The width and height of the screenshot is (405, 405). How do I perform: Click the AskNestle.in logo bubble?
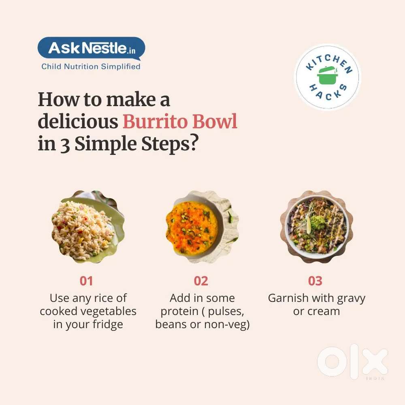point(91,48)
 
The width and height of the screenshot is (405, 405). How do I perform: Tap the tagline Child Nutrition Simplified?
point(91,67)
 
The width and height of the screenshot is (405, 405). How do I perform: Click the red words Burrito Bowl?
point(180,122)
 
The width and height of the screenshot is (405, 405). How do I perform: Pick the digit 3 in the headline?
point(65,145)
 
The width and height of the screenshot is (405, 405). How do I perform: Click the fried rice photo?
point(88,227)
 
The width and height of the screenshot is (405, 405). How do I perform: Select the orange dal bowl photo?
point(202,227)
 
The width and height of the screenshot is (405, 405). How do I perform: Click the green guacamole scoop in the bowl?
point(319,222)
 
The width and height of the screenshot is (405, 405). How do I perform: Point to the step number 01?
point(86,281)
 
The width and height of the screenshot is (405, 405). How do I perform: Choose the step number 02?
point(201,281)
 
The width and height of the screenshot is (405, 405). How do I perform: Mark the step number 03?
point(315,281)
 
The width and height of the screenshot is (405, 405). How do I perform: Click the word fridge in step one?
point(108,325)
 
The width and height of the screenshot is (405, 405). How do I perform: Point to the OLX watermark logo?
point(353,362)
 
